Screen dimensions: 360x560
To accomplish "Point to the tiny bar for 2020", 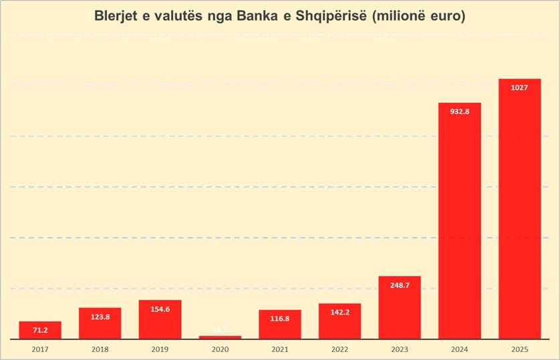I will [x=220, y=337].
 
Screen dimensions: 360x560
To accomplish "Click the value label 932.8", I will [x=460, y=112].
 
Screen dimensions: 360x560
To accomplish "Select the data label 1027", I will [x=519, y=87].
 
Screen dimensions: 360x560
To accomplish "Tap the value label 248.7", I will [x=400, y=285].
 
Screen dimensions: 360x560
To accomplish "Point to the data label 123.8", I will [x=100, y=317].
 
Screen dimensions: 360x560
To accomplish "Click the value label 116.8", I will [x=280, y=319].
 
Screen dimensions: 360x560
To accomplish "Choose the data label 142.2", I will [x=339, y=312].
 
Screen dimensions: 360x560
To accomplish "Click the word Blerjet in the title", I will [x=118, y=16].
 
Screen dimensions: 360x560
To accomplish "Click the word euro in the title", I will [x=443, y=16].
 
